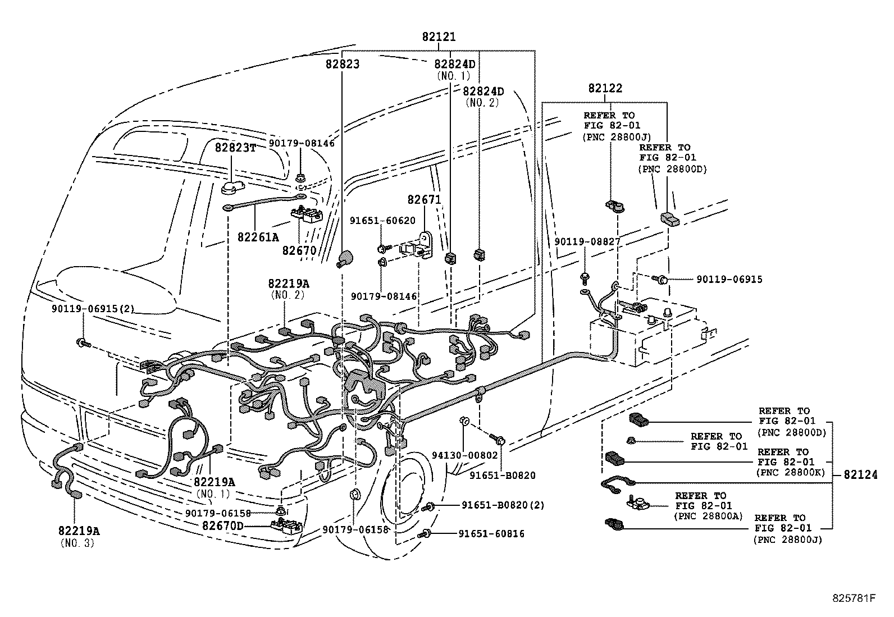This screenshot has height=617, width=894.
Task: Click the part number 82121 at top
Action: point(439,37)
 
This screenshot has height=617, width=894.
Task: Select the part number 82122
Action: point(605,88)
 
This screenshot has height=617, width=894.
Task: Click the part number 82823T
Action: point(235,147)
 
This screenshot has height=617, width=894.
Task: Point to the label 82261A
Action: point(258,237)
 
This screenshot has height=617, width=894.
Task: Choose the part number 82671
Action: point(424,200)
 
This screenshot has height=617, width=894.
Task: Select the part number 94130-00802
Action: point(465,455)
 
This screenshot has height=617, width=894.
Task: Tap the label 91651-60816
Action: point(492,534)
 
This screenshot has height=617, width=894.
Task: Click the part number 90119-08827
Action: point(587,241)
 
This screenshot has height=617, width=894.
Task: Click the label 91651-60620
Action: point(382,221)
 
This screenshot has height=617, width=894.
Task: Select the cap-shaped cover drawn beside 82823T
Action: point(231,186)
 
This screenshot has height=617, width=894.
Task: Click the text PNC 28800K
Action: point(791,472)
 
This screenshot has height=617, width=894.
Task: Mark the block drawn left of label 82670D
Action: point(286,526)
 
